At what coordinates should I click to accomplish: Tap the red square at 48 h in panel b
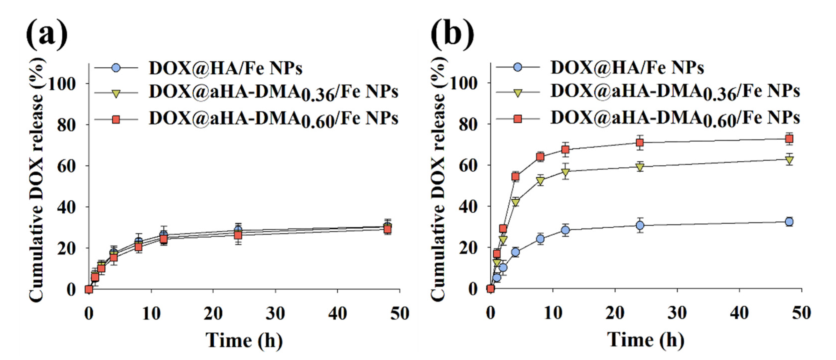pyautogui.click(x=789, y=139)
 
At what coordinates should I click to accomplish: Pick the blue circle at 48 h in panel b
pyautogui.click(x=789, y=222)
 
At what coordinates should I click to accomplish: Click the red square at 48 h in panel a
pyautogui.click(x=387, y=229)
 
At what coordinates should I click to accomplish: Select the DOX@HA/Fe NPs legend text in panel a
pyautogui.click(x=226, y=68)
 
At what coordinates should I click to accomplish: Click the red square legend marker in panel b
pyautogui.click(x=518, y=119)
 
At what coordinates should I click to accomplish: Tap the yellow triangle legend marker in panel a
pyautogui.click(x=116, y=93)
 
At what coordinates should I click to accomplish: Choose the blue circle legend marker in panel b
pyautogui.click(x=518, y=68)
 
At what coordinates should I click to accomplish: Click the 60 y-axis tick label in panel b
pyautogui.click(x=468, y=166)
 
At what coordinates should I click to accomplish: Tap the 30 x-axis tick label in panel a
pyautogui.click(x=275, y=314)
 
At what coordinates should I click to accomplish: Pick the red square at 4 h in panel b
pyautogui.click(x=515, y=177)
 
